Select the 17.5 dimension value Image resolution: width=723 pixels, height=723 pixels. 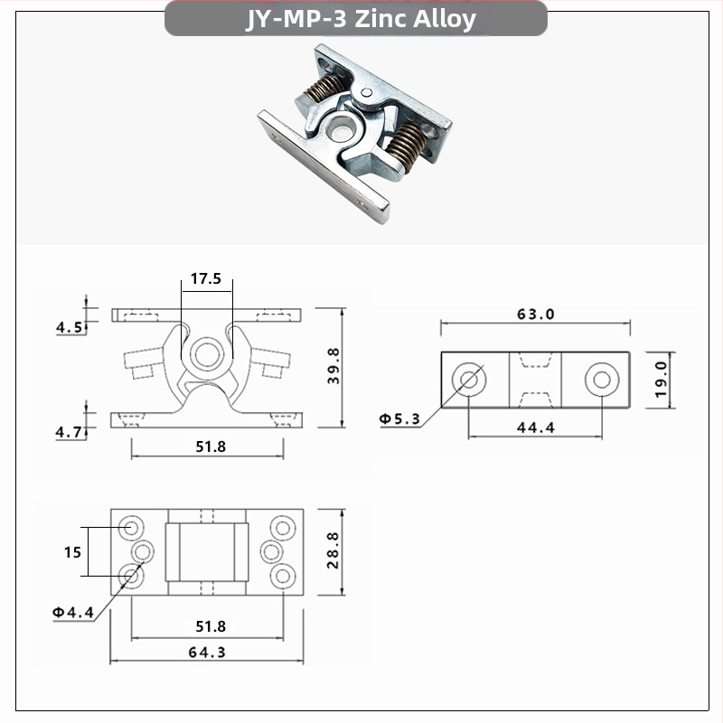(205, 278)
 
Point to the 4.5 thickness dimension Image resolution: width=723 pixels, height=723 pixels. (70, 327)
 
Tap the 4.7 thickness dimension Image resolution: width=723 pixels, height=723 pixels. (70, 433)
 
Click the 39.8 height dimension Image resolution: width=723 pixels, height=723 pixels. (334, 367)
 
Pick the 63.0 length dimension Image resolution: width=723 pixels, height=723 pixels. (535, 315)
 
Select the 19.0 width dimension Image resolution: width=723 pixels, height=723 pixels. (660, 378)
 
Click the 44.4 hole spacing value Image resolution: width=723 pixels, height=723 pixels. (535, 427)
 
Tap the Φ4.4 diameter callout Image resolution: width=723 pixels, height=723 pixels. (73, 612)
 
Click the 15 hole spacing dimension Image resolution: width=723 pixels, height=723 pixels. (72, 551)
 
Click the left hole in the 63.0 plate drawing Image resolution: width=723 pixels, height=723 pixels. (469, 378)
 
